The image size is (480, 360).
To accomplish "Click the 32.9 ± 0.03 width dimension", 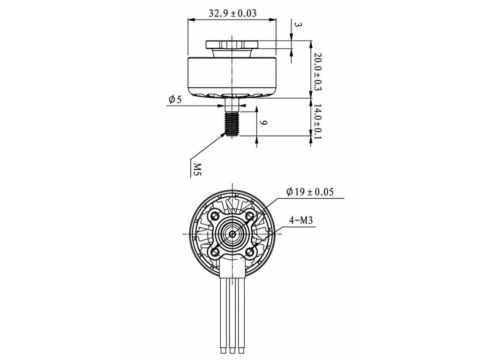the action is (232, 14).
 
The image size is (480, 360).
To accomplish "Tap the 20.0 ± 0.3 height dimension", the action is (317, 71).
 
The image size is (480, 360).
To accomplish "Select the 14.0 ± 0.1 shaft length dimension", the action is (317, 121).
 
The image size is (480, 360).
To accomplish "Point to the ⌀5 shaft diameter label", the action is (175, 99).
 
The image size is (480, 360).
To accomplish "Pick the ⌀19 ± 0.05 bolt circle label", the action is (310, 192).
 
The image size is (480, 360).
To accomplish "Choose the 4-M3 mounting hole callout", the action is (301, 220).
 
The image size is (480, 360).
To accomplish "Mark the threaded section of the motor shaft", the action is (232, 123).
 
